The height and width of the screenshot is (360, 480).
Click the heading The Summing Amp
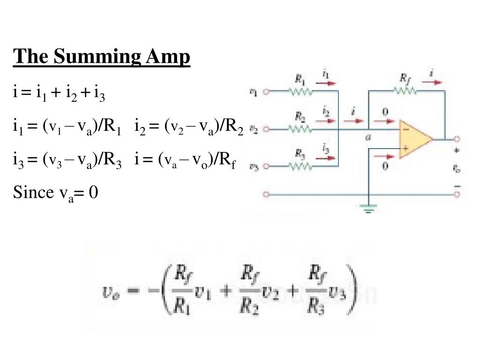[102, 57]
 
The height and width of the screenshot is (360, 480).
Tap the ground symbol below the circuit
[369, 209]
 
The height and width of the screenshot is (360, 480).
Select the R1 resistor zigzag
[302, 92]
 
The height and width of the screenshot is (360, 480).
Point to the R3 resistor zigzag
[300, 165]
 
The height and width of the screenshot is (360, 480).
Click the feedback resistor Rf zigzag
[406, 92]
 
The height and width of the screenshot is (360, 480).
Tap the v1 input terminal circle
[267, 92]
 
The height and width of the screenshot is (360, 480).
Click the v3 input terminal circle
[267, 166]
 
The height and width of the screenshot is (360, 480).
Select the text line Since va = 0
[56, 192]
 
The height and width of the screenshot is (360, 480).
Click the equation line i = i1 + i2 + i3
[59, 93]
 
